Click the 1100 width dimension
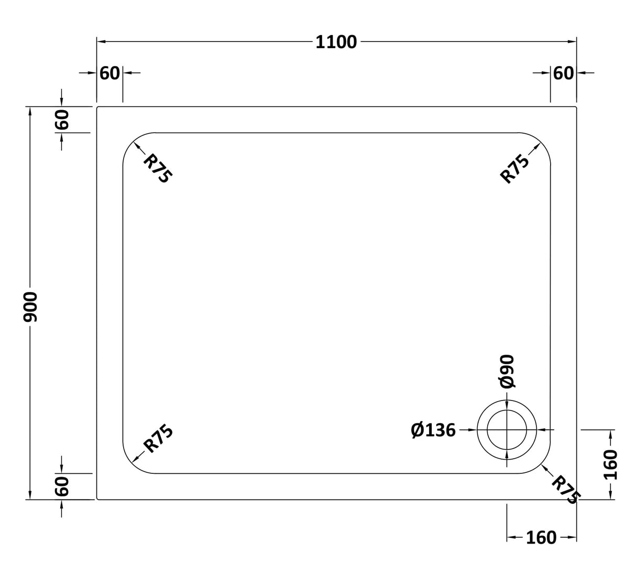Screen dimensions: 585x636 coord(336,42)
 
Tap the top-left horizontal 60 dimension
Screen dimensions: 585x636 coord(109,73)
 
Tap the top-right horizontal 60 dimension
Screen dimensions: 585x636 coord(563,73)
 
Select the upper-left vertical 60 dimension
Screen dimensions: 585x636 coord(62,120)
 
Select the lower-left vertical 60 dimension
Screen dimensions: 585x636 coord(62,486)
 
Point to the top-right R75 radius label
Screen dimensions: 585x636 coord(515,169)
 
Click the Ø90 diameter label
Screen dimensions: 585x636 coord(507,372)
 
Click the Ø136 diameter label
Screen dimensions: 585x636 coord(433,430)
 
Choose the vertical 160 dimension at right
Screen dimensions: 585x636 coord(611,464)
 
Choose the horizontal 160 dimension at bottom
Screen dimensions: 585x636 coord(541,538)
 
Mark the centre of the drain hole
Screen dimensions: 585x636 coord(507,430)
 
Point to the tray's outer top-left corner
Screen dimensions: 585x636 coord(97,107)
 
